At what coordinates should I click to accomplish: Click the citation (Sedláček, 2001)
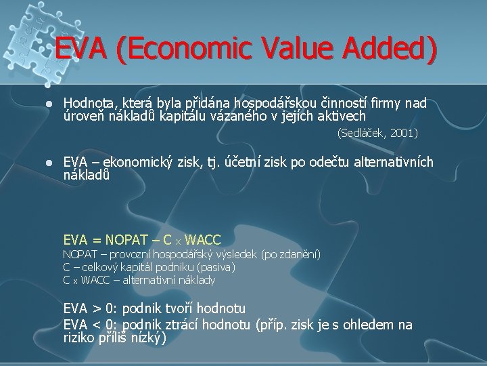(377, 134)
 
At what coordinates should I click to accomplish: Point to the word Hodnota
(88, 103)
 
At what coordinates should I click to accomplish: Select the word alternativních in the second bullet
(393, 162)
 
